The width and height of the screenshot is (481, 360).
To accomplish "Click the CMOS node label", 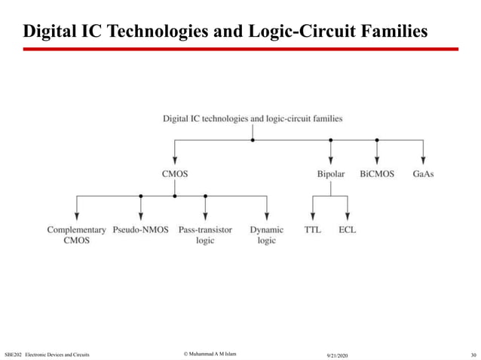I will [x=175, y=174].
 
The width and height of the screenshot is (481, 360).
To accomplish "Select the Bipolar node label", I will [x=330, y=174].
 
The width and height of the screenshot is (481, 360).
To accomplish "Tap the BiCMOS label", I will [x=377, y=174].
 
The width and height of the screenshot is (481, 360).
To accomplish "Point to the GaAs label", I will [x=424, y=174].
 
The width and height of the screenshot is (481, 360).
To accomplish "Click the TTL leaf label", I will [x=312, y=230].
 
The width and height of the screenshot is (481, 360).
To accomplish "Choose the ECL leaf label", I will [x=348, y=230].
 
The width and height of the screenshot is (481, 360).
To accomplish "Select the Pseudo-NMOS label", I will [x=141, y=230].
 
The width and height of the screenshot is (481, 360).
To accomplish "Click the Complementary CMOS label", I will [x=76, y=235].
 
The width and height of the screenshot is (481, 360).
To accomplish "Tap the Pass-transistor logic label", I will [x=205, y=235].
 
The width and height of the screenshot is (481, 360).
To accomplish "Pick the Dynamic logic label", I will [x=267, y=235].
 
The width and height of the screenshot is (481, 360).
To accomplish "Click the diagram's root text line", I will [x=253, y=118].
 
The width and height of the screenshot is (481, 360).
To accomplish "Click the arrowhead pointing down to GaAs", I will [x=424, y=160].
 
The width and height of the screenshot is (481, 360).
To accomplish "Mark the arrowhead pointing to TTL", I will [x=312, y=216].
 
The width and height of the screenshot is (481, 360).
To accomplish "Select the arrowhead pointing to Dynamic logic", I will [x=267, y=216].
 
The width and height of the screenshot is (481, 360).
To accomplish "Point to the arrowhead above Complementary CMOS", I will [x=76, y=216].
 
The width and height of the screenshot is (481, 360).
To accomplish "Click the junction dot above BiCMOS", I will [x=377, y=140].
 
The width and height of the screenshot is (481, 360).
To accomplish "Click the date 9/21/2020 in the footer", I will [x=337, y=354].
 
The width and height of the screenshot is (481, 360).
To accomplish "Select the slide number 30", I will [x=473, y=354].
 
